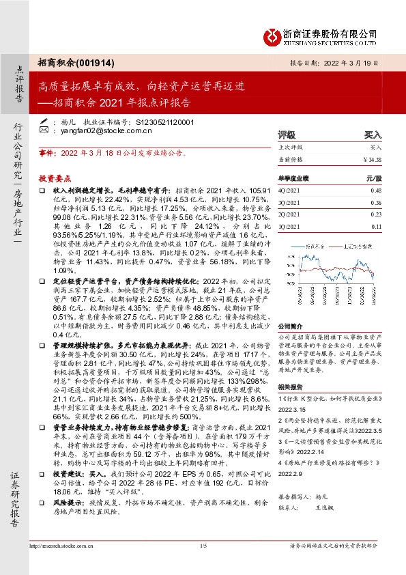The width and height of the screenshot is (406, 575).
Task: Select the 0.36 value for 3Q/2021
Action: click(x=375, y=202)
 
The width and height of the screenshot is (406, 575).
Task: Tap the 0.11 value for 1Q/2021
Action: click(x=376, y=225)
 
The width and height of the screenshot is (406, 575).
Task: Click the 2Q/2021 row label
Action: click(x=289, y=214)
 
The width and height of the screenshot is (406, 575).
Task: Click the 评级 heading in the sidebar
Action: click(x=287, y=135)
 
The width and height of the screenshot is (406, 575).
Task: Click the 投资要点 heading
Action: click(x=55, y=177)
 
